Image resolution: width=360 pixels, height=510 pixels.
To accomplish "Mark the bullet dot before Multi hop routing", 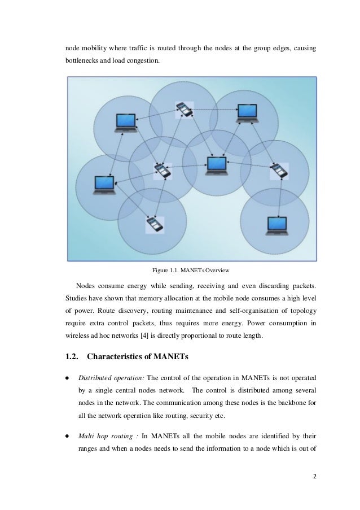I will pyautogui.click(x=67, y=438).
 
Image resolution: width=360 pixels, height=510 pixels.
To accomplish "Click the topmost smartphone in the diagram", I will pyautogui.click(x=185, y=109).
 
